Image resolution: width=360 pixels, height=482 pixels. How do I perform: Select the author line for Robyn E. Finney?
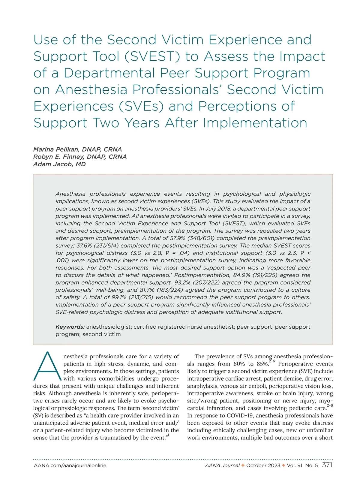tap(80, 157)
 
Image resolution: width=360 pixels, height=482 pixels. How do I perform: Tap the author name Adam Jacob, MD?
tap(59, 164)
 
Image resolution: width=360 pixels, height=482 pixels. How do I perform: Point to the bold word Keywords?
tap(70, 327)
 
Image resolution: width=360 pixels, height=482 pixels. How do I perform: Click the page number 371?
tap(327, 465)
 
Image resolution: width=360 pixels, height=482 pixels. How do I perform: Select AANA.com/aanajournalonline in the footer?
tap(70, 465)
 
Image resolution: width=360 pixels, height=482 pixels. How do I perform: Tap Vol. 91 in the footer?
tap(294, 465)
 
